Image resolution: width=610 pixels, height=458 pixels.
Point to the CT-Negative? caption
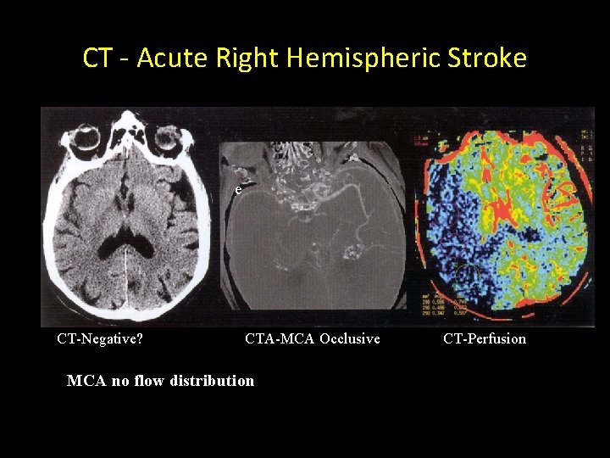[x=99, y=339]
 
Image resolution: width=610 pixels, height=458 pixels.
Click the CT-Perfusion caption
[x=485, y=339]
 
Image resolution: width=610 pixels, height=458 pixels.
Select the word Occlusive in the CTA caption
[x=350, y=339]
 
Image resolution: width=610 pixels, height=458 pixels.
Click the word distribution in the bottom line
[x=212, y=381]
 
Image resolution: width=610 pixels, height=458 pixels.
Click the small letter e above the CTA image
[x=238, y=190]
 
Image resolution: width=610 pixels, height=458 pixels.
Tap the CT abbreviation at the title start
[x=97, y=58]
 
